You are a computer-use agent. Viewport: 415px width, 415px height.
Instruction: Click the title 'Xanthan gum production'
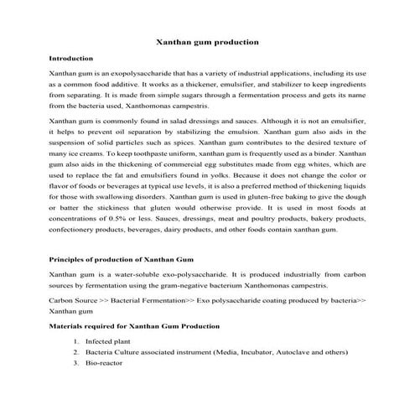click(x=207, y=41)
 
